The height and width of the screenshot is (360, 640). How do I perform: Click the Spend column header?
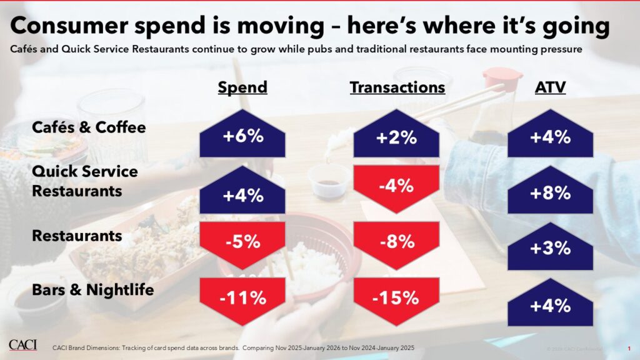242,87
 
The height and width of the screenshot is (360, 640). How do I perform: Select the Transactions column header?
397,87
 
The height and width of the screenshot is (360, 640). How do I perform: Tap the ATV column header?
550,87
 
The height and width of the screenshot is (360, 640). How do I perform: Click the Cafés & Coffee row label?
89,127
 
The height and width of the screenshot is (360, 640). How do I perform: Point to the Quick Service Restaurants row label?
84,181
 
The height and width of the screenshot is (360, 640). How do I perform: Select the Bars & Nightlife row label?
92,290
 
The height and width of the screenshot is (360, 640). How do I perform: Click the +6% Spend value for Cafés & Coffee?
242,137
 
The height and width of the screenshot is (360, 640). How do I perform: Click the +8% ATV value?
550,193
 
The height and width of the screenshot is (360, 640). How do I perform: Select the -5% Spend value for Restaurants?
242,241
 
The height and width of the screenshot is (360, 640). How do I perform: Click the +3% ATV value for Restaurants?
550,248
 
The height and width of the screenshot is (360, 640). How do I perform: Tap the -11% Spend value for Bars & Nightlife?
242,297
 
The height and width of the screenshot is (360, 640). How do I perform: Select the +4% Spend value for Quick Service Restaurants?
242,195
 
